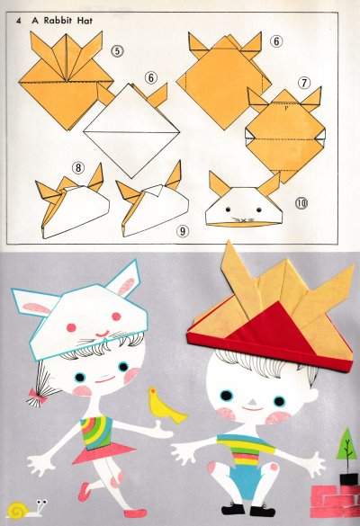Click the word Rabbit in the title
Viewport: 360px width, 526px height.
(x=58, y=21)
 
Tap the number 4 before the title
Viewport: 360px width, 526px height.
(x=18, y=21)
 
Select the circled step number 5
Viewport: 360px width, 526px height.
(x=117, y=51)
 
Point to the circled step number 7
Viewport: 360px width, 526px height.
(x=304, y=83)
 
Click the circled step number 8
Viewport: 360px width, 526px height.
(x=78, y=167)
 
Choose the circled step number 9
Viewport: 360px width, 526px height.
(x=183, y=231)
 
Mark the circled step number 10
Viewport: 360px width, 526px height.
(x=301, y=203)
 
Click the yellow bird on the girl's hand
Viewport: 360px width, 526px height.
(x=166, y=406)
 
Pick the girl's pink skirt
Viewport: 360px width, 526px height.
(x=103, y=453)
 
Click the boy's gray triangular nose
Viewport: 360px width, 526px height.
(x=254, y=402)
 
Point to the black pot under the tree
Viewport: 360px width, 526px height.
(x=349, y=480)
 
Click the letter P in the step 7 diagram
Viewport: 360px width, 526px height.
(x=286, y=108)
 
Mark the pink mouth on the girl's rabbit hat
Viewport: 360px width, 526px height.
(x=103, y=333)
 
